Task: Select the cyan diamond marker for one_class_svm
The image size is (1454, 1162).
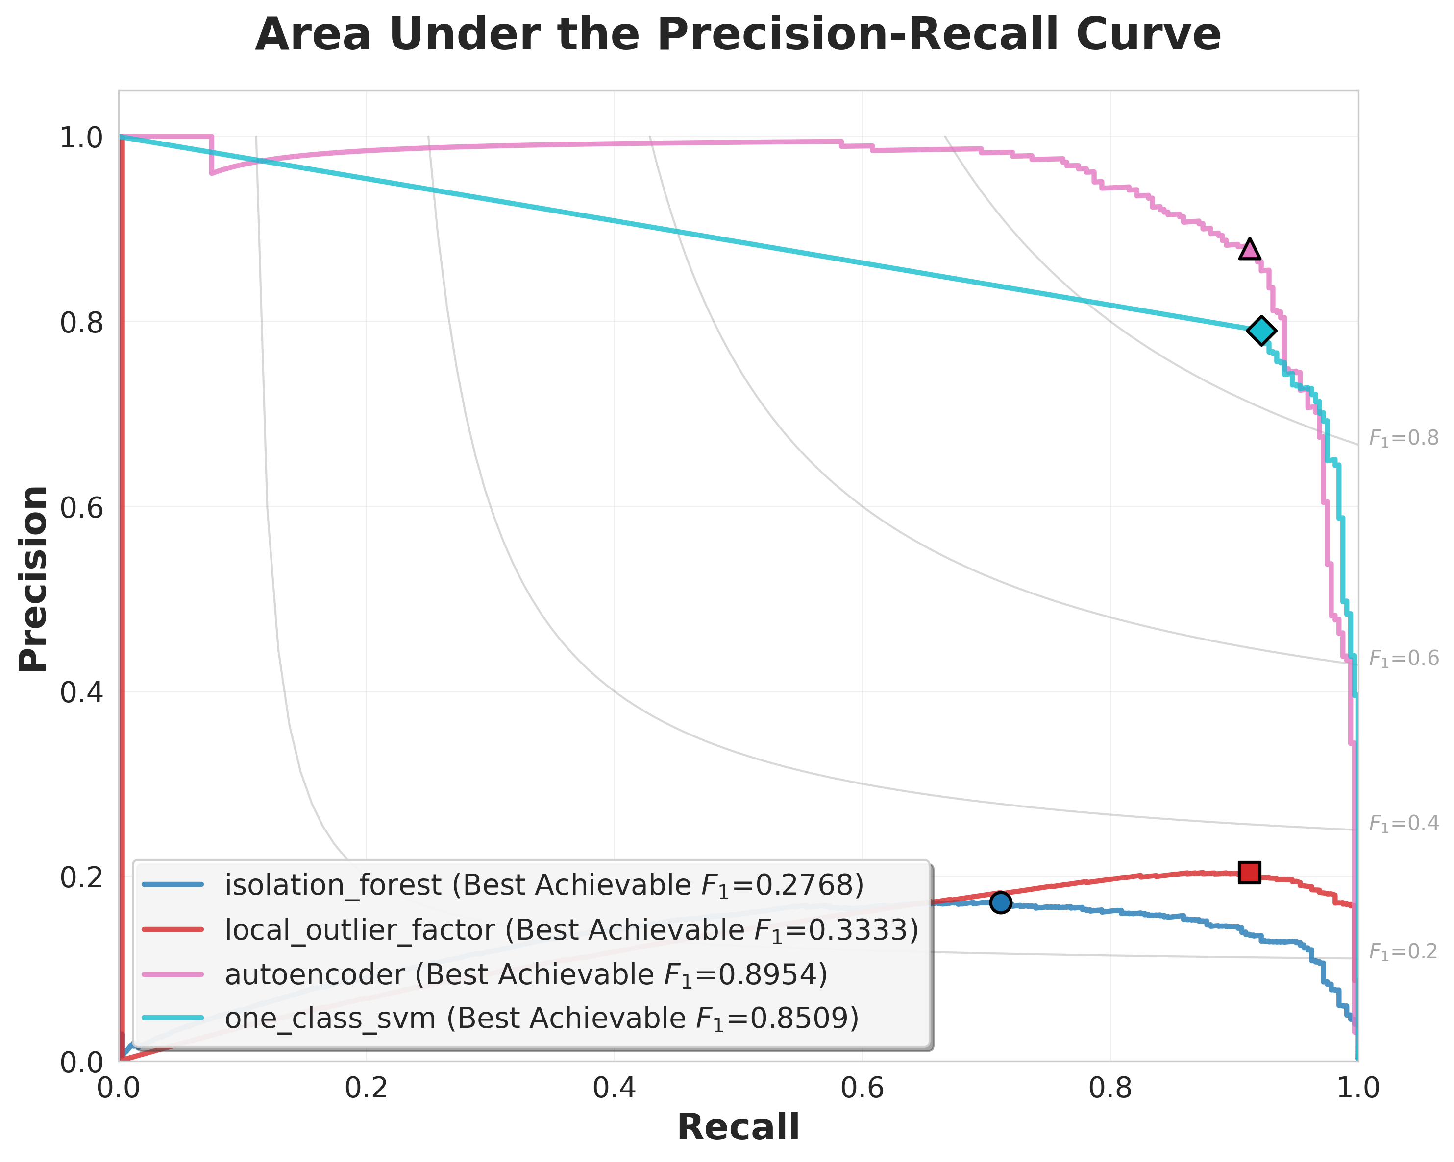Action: point(1261,330)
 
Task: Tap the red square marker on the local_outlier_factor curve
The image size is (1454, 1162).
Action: point(1249,872)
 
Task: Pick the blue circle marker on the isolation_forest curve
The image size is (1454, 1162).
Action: point(1000,902)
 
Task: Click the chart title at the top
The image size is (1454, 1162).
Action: point(738,35)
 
